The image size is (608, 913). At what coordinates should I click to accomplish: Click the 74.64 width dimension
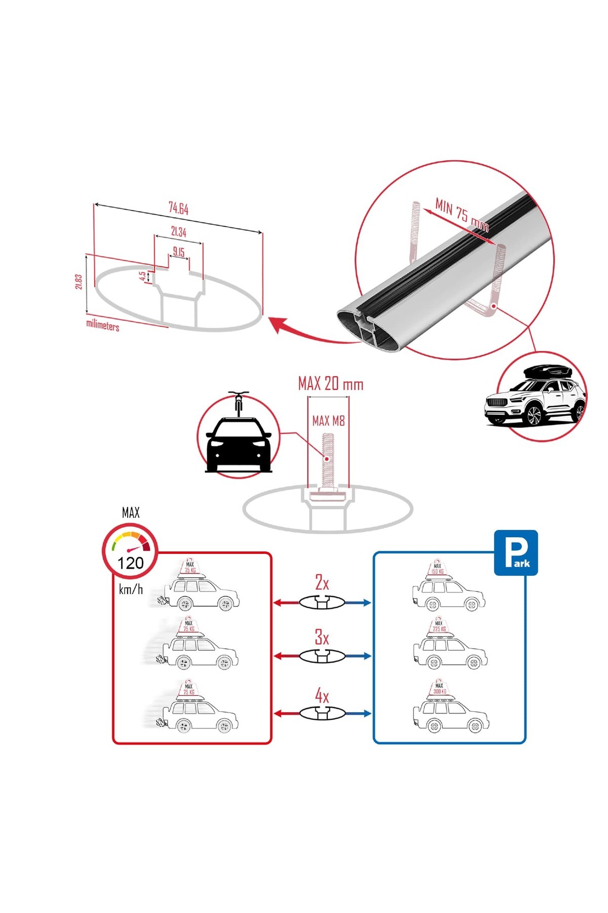click(178, 208)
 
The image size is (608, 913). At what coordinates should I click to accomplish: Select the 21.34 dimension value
click(178, 232)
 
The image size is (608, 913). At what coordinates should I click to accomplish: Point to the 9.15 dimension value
click(178, 252)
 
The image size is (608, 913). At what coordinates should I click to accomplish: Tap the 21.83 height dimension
click(79, 282)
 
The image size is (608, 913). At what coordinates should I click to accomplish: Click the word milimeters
click(103, 325)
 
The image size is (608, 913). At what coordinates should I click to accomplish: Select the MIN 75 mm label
click(462, 216)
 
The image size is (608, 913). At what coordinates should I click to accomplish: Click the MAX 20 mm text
click(330, 384)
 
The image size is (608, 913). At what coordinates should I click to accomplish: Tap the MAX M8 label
click(328, 420)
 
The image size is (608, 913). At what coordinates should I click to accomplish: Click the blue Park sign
click(516, 553)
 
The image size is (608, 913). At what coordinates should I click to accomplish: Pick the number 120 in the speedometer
click(131, 563)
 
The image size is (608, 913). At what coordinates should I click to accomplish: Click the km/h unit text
click(131, 589)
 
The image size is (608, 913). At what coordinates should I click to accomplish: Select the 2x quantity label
click(322, 582)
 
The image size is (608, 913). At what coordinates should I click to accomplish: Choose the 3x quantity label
click(322, 637)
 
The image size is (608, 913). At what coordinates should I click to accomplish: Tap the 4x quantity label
click(322, 696)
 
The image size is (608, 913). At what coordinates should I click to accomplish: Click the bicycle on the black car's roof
click(239, 403)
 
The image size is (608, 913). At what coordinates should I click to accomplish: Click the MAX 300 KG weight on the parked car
click(439, 689)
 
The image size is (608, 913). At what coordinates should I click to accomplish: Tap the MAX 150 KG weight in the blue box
click(437, 569)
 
